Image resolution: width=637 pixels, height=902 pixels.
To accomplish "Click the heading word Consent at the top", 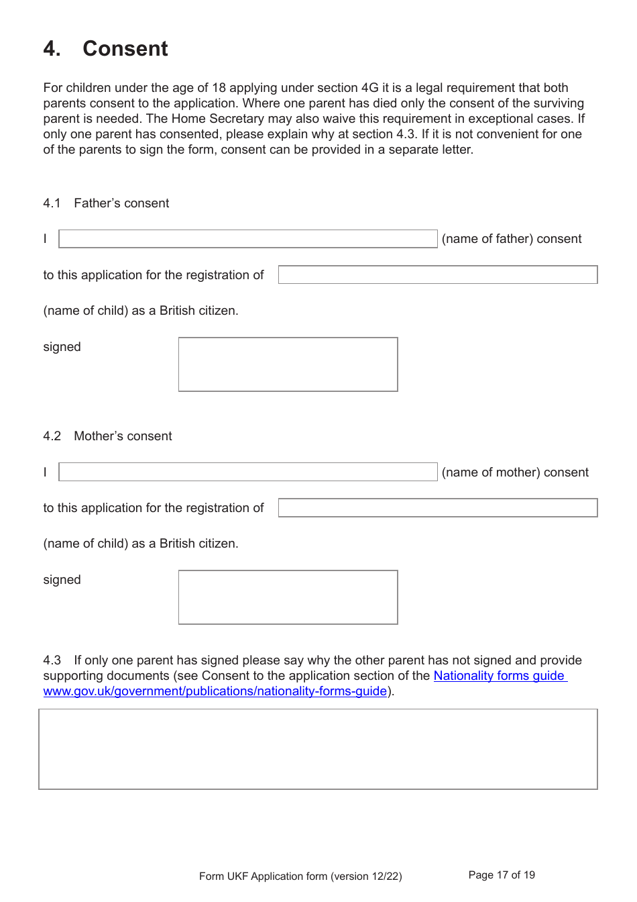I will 125,49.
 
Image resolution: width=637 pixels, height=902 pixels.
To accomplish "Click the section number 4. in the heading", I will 52,49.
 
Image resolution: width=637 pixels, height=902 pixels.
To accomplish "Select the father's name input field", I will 247,239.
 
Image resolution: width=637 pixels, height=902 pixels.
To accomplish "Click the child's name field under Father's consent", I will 437,274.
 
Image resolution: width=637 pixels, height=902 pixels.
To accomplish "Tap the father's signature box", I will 288,364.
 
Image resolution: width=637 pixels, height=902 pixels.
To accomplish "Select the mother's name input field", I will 247,472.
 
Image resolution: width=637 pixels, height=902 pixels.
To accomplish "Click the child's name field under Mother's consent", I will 437,507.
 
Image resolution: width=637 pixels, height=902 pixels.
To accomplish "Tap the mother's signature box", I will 288,597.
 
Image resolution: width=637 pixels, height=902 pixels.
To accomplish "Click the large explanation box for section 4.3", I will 318,749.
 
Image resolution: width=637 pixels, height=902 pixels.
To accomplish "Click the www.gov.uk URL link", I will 215,691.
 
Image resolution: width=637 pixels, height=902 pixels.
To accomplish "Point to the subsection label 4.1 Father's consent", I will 106,203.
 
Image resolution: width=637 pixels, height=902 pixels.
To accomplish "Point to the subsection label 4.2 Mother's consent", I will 107,436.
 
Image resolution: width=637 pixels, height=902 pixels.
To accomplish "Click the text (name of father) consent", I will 512,239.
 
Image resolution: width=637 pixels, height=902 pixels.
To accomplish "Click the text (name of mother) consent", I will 515,472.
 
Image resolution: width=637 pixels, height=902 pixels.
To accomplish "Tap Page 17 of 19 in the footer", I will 502,875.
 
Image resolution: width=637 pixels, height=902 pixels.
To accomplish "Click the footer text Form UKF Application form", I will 300,876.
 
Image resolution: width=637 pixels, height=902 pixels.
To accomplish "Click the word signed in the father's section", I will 62,347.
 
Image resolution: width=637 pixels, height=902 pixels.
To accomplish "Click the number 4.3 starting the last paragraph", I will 52,660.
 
